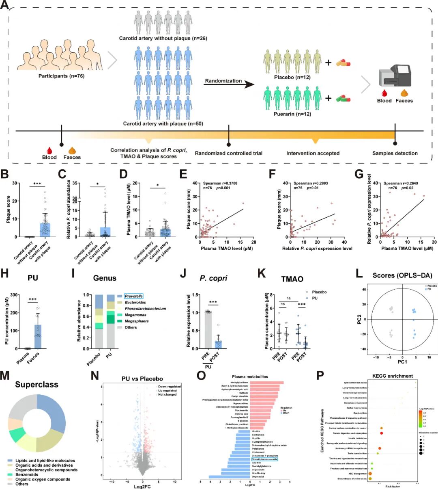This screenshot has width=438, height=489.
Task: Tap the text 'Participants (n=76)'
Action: point(61,76)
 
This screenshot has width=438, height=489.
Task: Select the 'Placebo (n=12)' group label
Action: point(292,77)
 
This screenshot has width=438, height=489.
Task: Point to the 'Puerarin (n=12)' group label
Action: point(292,115)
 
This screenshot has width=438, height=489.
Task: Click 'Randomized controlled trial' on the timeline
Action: point(229,153)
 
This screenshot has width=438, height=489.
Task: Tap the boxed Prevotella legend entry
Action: point(133,296)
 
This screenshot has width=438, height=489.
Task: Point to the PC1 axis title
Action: point(402,361)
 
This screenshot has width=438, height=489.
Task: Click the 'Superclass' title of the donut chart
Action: point(36,384)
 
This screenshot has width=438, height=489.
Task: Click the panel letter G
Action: point(359,175)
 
